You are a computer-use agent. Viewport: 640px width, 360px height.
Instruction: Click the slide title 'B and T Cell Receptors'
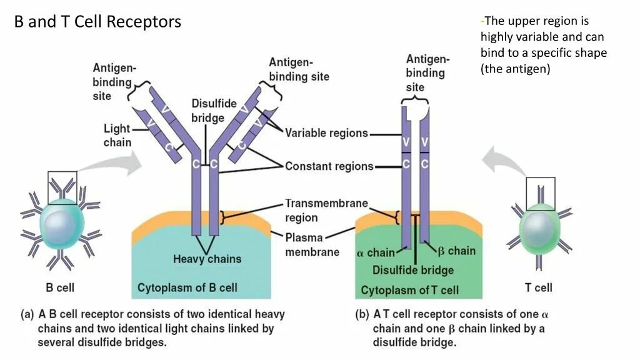point(97,22)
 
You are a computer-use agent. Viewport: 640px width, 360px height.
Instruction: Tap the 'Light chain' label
point(117,135)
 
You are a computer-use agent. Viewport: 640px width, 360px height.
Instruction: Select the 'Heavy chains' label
point(207,259)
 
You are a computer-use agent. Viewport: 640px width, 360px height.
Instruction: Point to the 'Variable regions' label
point(326,133)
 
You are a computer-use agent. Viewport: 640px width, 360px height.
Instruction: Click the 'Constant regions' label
point(329,166)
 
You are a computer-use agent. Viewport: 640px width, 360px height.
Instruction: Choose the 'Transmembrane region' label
point(326,211)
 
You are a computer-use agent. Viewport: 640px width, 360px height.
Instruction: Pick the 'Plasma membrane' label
point(312,245)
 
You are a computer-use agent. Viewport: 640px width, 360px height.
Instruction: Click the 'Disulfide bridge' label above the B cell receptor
point(207,110)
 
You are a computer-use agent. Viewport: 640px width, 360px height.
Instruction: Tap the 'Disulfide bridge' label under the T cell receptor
point(413,270)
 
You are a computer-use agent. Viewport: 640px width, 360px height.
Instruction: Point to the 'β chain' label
point(457,251)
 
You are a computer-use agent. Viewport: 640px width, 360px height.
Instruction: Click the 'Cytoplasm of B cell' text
point(187,288)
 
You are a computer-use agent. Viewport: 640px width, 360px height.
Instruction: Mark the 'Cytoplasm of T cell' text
point(410,290)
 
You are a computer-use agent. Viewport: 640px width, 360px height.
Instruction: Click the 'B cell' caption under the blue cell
point(60,288)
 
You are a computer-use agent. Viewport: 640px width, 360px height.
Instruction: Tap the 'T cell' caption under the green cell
point(539,288)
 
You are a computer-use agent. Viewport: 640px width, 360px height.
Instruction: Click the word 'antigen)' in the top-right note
point(530,69)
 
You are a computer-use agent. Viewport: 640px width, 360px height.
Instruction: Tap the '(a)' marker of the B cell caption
point(27,314)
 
